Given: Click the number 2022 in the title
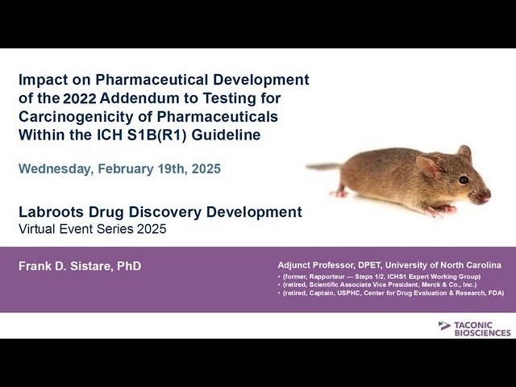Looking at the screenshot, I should point(77,98).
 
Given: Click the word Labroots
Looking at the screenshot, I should point(48,212).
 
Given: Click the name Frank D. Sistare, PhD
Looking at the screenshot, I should point(80,266).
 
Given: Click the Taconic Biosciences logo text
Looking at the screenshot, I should point(482,328).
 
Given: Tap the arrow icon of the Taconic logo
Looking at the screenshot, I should point(444,326).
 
